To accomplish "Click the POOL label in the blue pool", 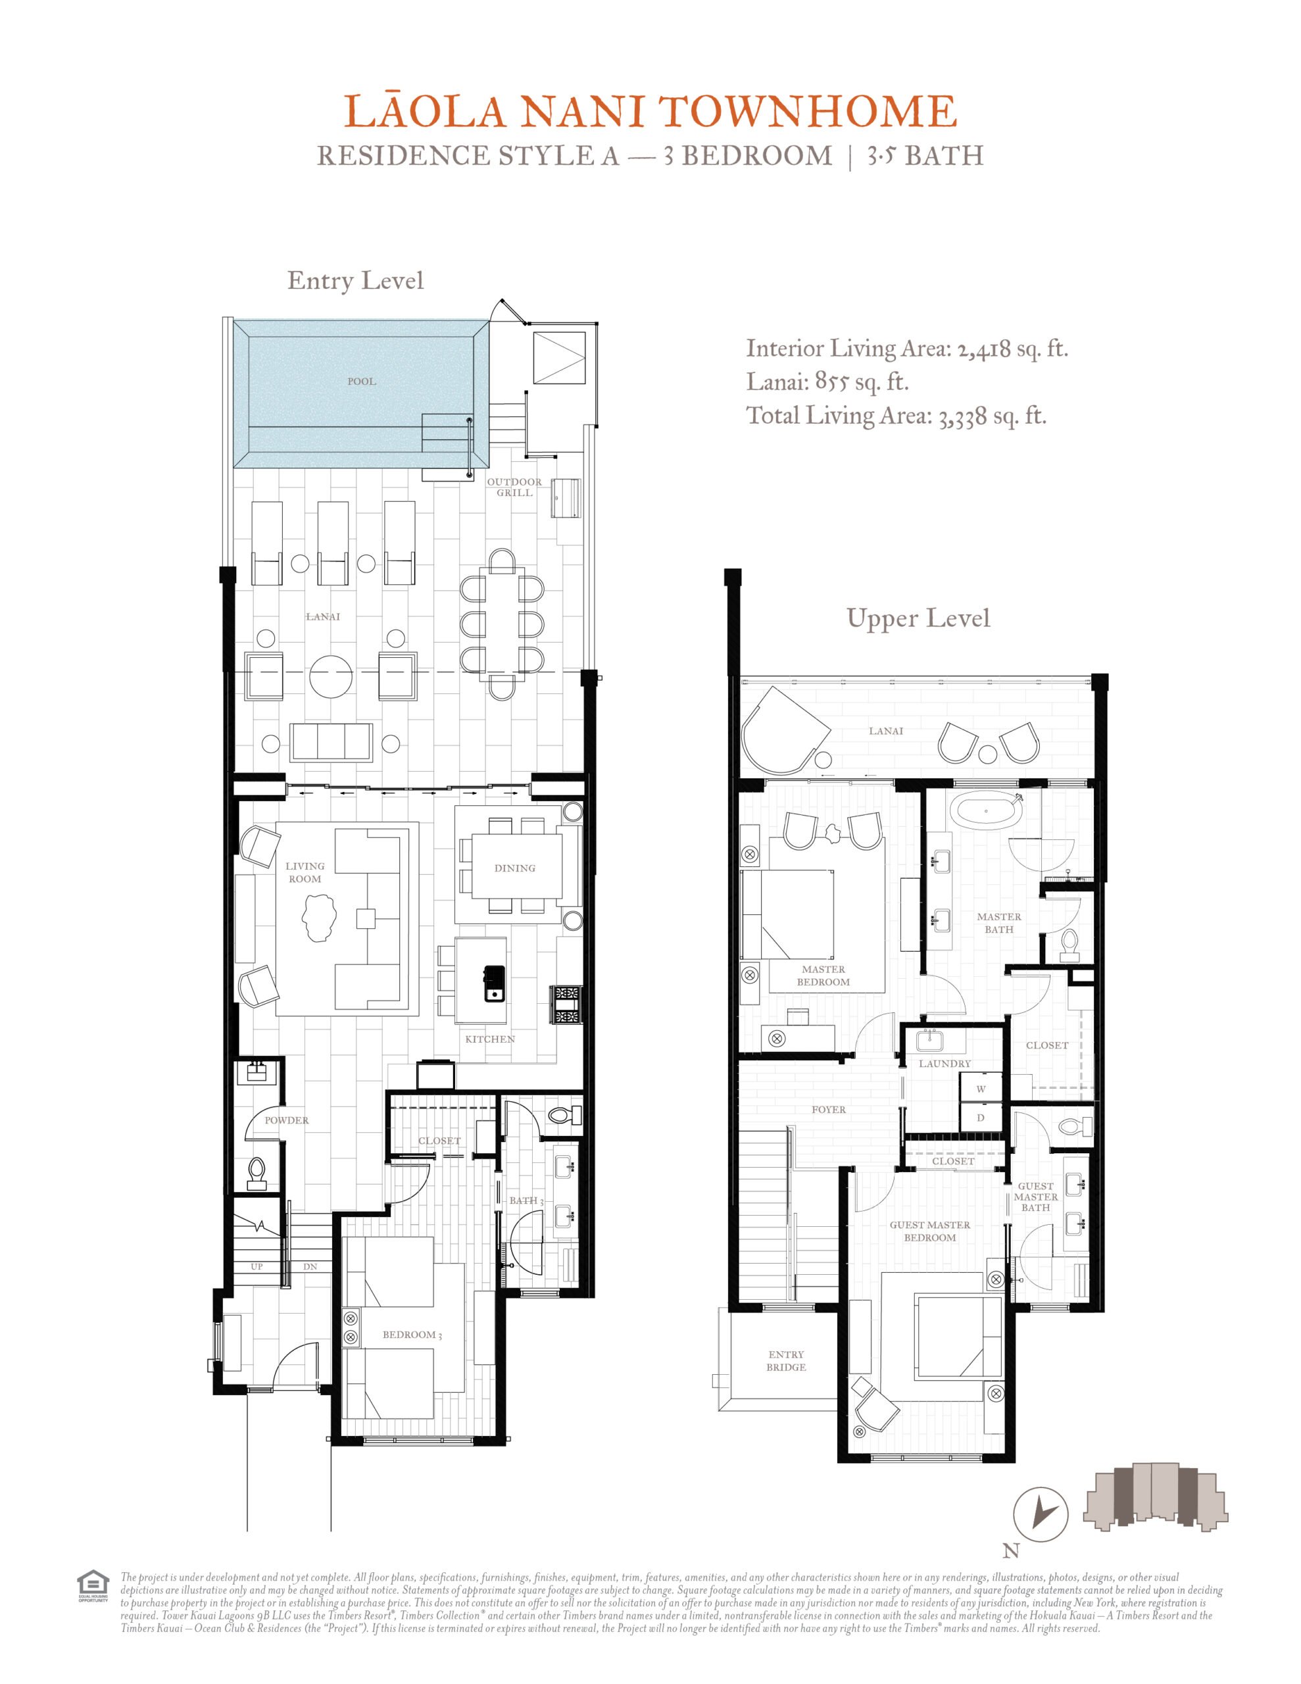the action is pos(361,381).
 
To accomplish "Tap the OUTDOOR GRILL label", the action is pos(514,487).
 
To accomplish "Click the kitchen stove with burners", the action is pos(566,1004).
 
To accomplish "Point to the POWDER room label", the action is pos(286,1120).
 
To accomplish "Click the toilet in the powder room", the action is pos(257,1173).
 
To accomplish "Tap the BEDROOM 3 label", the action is pos(412,1335).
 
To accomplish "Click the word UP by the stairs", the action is pos(257,1267).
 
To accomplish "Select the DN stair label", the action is pos(310,1267).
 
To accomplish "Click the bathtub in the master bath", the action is pos(987,811).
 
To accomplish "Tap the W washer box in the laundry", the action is pos(981,1089).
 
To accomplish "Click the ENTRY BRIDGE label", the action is pos(786,1361).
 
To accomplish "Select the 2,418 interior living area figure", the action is pos(984,350).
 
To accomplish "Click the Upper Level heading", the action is pos(918,618).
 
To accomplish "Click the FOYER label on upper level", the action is pos(828,1110).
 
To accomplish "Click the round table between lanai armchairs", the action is pos(331,676).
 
